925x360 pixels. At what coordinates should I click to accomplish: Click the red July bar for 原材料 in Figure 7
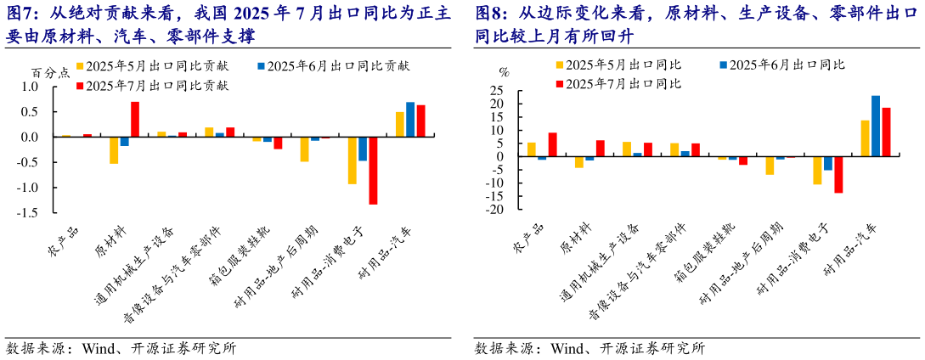(134, 119)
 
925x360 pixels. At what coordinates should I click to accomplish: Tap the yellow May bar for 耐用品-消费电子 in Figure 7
(352, 160)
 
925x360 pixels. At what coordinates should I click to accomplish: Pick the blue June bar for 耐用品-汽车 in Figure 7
(410, 119)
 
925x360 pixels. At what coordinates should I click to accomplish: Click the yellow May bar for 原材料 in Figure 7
(114, 149)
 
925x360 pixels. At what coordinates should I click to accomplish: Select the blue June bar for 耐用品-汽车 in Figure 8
(876, 126)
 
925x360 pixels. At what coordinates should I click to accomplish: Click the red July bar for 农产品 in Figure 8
(552, 144)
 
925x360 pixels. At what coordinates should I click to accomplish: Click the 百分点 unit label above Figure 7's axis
(49, 73)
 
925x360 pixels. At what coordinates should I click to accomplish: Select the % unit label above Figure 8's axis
(503, 73)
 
